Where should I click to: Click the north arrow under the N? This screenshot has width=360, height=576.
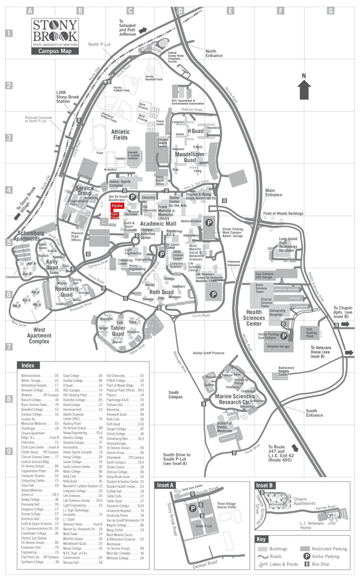point(304,89)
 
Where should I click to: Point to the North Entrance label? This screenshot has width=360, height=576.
point(214,53)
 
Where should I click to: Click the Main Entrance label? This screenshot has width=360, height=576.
point(274,192)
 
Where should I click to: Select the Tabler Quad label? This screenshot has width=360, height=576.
point(118,331)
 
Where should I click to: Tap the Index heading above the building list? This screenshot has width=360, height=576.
point(28,365)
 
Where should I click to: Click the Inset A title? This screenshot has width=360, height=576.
point(166,485)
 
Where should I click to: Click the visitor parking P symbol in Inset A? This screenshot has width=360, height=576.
point(192,509)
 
